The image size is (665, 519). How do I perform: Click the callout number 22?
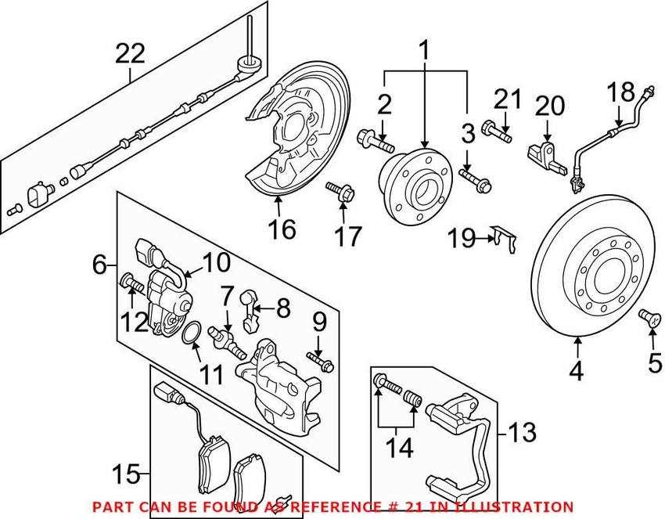pos(131,54)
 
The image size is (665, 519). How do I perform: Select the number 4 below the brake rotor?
pos(577,372)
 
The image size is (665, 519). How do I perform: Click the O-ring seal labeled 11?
pos(191,337)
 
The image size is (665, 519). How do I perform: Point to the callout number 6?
pos(99,266)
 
